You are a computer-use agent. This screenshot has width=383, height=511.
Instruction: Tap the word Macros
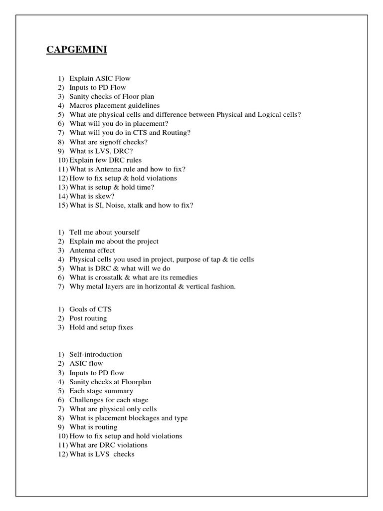coord(81,105)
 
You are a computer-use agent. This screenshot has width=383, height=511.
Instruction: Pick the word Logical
coord(270,114)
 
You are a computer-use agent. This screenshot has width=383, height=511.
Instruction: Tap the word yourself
coord(125,232)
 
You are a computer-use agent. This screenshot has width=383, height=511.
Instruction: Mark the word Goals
coord(79,309)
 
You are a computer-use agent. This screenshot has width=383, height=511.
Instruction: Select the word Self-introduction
coord(96,354)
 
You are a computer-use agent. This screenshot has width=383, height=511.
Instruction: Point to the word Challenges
coord(88,400)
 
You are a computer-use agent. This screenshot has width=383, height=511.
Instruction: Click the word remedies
coord(182,277)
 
